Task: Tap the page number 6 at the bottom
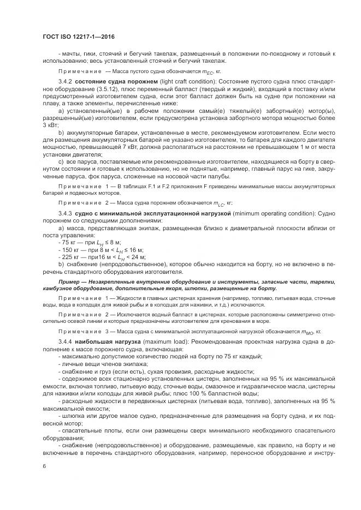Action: tap(45, 466)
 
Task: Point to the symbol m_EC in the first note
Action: tap(208, 71)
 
